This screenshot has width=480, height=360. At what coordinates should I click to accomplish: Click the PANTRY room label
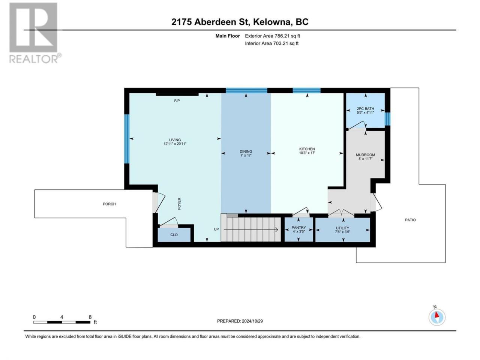tap(298, 228)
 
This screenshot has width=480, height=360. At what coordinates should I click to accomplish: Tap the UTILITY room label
tap(342, 228)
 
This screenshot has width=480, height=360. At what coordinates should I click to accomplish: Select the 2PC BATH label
tap(365, 109)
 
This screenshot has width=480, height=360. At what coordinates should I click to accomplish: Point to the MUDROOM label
tap(365, 155)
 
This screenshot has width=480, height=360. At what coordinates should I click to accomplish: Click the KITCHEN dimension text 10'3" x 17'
tap(307, 153)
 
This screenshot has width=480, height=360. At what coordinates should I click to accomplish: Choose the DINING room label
tap(246, 151)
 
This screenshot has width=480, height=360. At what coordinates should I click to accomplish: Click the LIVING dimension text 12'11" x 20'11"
tap(175, 144)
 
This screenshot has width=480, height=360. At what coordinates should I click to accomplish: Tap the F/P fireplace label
tap(177, 101)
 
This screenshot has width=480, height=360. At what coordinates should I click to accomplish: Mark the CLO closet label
tap(174, 235)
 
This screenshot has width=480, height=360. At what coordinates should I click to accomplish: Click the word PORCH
tap(109, 204)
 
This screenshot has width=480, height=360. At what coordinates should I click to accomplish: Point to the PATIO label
tap(410, 220)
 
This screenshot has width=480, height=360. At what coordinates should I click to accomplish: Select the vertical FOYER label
tap(179, 204)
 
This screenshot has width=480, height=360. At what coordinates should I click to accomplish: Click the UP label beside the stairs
tap(216, 229)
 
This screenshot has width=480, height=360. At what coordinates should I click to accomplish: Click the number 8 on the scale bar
tap(90, 317)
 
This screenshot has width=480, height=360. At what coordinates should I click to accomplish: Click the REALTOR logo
tap(35, 33)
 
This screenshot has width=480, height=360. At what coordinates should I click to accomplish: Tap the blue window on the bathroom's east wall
tap(387, 119)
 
